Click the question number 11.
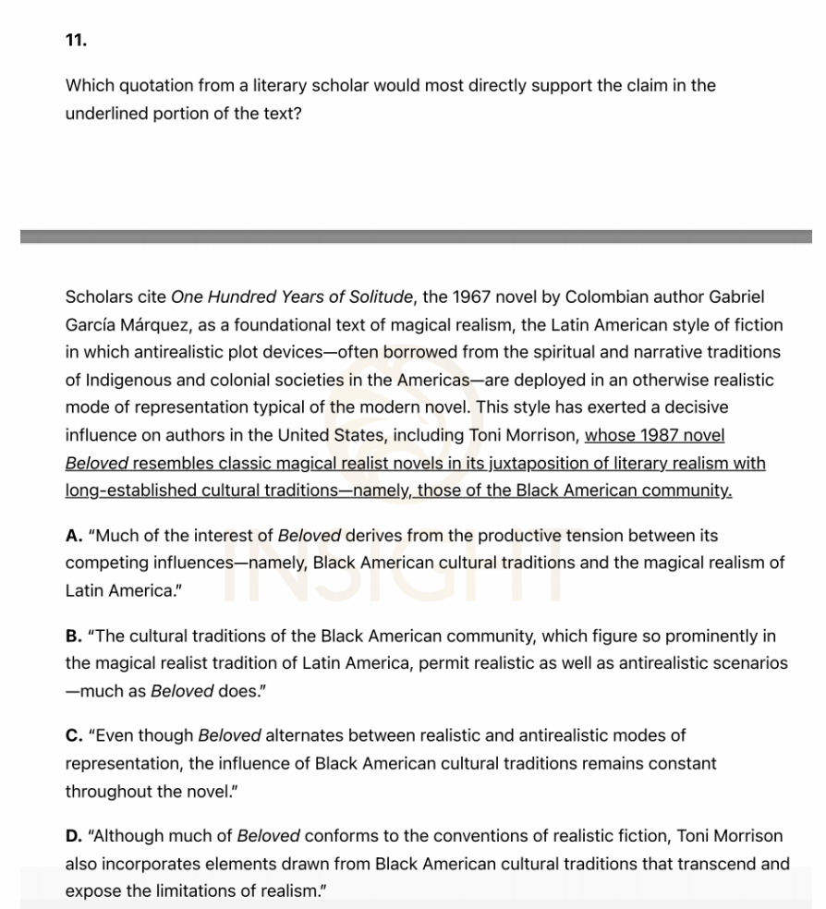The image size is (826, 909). pos(76,41)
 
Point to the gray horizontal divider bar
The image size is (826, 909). pos(416,237)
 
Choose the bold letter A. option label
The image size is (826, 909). pos(73,536)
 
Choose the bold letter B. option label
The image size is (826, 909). pos(73,636)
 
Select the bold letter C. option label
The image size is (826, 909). pos(73,736)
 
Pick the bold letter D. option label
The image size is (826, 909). pos(74,837)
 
